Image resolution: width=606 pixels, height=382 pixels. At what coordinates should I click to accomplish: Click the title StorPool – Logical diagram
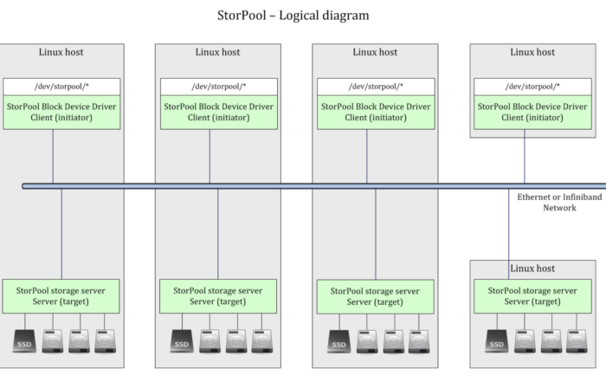pyautogui.click(x=293, y=16)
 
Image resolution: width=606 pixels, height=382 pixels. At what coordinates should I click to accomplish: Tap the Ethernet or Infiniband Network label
pyautogui.click(x=559, y=202)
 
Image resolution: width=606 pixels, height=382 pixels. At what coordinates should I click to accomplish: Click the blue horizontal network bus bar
pyautogui.click(x=313, y=186)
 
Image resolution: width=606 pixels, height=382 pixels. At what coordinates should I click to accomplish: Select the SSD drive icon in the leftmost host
pyautogui.click(x=24, y=341)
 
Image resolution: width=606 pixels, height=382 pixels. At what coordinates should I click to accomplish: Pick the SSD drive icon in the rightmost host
pyautogui.click(x=497, y=341)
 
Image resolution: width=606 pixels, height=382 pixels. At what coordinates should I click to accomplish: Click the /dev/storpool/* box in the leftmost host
pyautogui.click(x=61, y=87)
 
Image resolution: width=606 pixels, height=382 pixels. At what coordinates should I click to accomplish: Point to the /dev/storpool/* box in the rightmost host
pyautogui.click(x=532, y=87)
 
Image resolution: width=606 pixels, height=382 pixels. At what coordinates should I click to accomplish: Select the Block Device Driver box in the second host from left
pyautogui.click(x=219, y=112)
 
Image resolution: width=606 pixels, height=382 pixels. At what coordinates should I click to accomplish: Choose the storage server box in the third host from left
pyautogui.click(x=375, y=296)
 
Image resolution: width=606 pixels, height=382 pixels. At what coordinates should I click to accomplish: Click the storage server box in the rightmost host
pyautogui.click(x=532, y=296)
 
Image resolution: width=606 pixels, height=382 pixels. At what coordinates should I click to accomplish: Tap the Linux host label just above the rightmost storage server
pyautogui.click(x=532, y=269)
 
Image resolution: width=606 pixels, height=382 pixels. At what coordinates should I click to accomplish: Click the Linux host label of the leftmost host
pyautogui.click(x=61, y=52)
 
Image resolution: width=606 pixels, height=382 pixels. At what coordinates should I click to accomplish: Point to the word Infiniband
pyautogui.click(x=581, y=197)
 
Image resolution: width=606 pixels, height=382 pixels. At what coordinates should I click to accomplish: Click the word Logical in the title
pyautogui.click(x=300, y=16)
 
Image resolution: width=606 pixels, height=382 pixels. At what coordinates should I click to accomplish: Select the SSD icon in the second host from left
pyautogui.click(x=182, y=341)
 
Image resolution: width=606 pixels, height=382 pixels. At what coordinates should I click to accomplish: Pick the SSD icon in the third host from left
pyautogui.click(x=339, y=341)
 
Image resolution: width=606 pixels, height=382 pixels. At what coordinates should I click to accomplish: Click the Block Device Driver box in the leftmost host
pyautogui.click(x=61, y=112)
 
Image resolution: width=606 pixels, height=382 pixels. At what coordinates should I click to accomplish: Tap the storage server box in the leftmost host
pyautogui.click(x=61, y=296)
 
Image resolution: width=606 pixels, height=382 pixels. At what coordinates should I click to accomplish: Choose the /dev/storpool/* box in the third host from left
pyautogui.click(x=376, y=87)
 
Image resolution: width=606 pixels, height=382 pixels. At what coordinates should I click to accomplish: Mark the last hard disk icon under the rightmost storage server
pyautogui.click(x=577, y=341)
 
